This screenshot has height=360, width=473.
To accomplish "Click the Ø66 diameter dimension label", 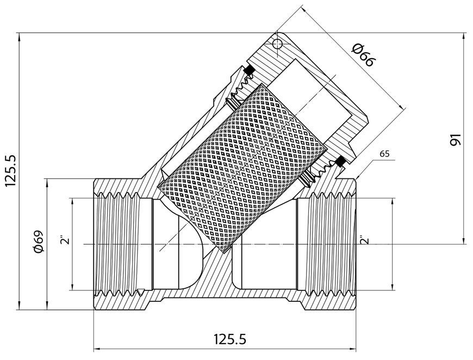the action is coord(364,55).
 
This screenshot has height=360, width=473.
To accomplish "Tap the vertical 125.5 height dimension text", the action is coord(12,170).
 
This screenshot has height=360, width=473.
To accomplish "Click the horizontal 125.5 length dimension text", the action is coord(230,339).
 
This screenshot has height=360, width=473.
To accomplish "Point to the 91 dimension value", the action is coord(456,139).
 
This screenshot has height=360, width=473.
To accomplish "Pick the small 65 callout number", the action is coord(384,154).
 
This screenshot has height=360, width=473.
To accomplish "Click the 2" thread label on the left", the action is coord(65,239).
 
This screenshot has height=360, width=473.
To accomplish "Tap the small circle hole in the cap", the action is coord(277,44).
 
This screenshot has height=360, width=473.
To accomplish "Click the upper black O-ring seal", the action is coord(249,70).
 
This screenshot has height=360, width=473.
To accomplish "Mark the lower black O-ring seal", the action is coord(340,162).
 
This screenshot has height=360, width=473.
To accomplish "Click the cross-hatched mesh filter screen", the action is coord(243,169).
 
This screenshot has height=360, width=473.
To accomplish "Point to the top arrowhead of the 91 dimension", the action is coord(464,37).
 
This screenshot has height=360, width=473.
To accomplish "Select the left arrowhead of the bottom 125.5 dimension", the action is coord(98,349).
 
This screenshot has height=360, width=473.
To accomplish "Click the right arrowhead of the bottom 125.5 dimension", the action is coord(352,349).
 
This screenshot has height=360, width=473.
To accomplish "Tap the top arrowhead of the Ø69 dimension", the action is coord(47,183).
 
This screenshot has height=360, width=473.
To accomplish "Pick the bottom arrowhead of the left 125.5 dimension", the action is coord(20,305).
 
